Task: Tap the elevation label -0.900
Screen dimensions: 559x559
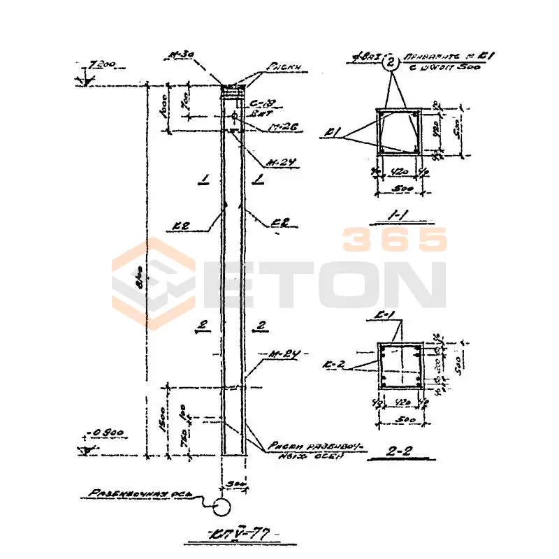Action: (x=107, y=433)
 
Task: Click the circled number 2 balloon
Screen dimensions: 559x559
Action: (x=391, y=64)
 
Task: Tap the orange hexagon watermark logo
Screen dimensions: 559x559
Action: (x=154, y=284)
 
